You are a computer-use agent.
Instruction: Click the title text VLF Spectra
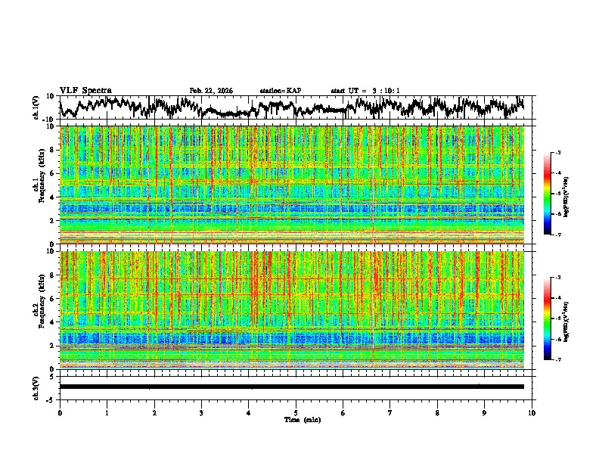85,91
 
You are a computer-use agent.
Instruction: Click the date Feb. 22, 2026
211,91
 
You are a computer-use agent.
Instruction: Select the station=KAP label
280,91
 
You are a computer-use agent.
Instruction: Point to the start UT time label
365,91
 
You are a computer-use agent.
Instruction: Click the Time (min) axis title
302,419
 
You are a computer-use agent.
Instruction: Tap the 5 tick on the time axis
296,412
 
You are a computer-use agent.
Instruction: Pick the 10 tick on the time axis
532,412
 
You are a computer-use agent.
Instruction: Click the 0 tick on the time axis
60,412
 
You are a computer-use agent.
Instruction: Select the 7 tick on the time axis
390,412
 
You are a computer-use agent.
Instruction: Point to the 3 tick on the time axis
201,412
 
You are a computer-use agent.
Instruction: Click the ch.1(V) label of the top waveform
36,107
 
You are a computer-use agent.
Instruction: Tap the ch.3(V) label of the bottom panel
36,386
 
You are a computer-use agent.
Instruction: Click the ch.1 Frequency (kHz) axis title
38,185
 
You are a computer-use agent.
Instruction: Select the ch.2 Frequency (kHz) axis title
38,309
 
